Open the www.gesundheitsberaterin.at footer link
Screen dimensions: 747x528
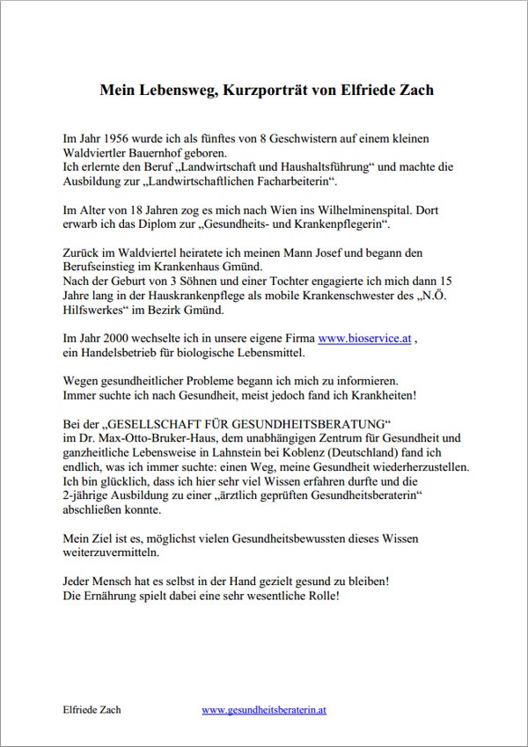[264, 709]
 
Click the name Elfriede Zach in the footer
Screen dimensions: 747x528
[92, 709]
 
